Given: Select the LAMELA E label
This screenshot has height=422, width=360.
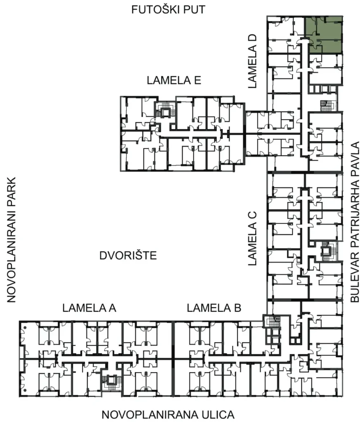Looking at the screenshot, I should click(x=174, y=80).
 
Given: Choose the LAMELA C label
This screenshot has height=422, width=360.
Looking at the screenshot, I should click(x=253, y=238).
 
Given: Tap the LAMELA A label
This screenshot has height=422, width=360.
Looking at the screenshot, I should click(x=90, y=308).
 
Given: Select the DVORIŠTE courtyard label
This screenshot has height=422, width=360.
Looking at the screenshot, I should click(x=128, y=256).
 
